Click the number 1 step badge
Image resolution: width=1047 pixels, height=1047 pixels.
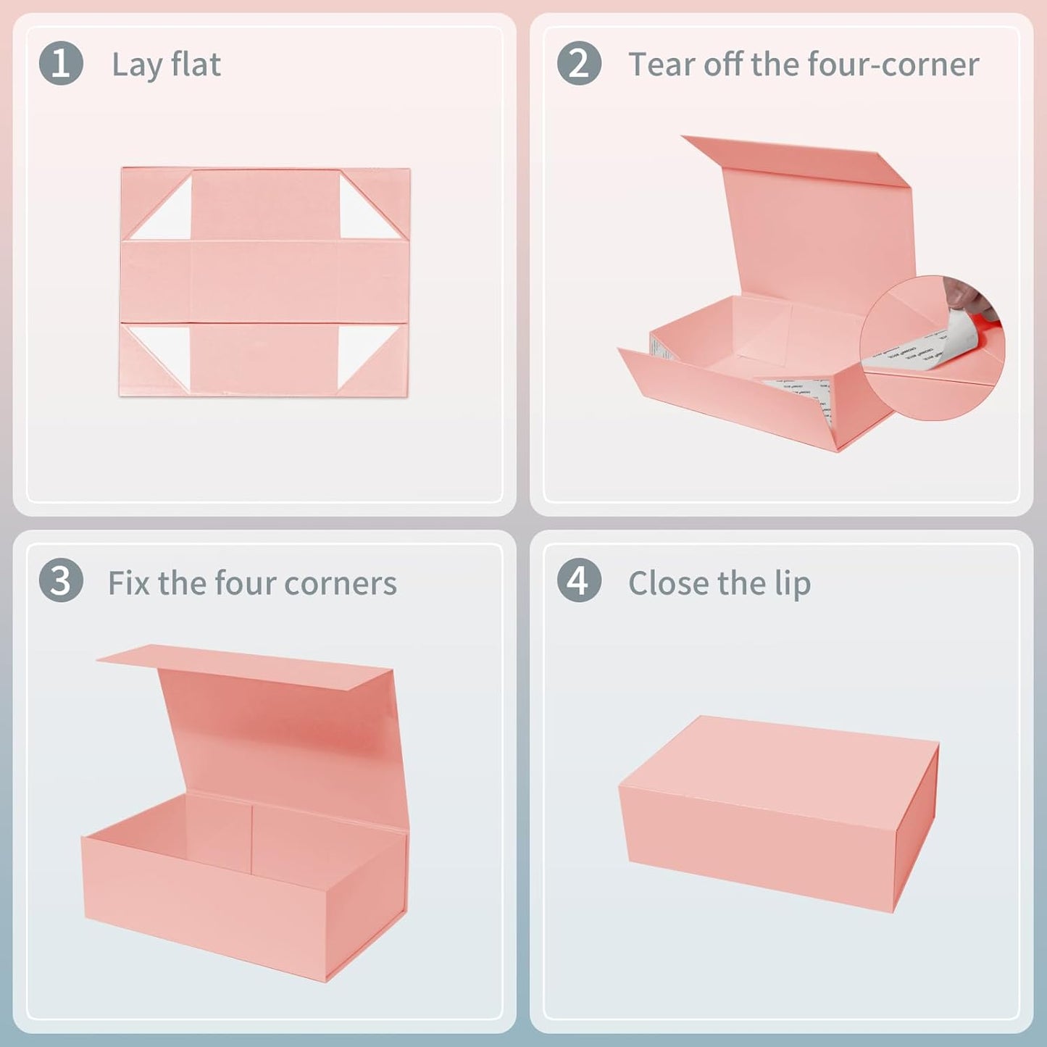[x=61, y=63]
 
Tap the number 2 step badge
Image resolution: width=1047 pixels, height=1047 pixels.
[x=579, y=63]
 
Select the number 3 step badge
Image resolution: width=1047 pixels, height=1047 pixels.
[x=61, y=581]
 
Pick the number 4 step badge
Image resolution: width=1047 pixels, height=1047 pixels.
[x=579, y=581]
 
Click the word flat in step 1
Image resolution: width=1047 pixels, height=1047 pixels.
[x=196, y=64]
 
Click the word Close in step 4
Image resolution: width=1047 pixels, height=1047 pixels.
[x=666, y=583]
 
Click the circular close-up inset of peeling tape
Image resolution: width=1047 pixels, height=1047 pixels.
[x=933, y=349]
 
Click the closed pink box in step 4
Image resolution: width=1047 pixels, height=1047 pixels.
[x=779, y=812]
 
